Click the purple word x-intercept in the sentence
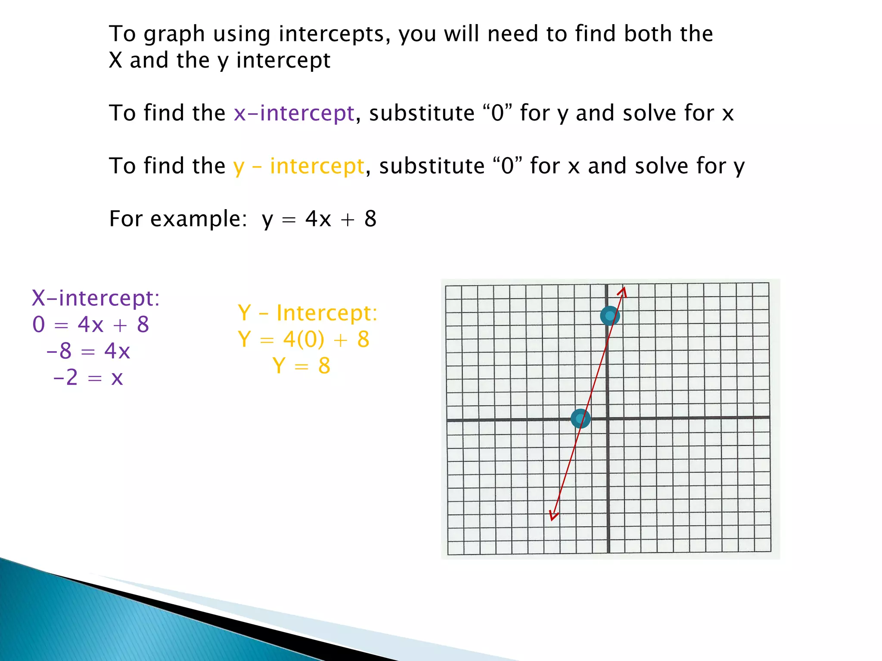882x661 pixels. [x=294, y=114]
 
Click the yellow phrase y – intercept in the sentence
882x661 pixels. [x=299, y=167]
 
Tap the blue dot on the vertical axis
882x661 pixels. [x=610, y=316]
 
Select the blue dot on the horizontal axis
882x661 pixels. [x=580, y=418]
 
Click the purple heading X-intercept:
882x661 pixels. [x=96, y=298]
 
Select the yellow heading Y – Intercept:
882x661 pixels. [x=307, y=313]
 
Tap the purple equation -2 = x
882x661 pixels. [x=88, y=378]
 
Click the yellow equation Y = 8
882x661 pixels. [x=301, y=366]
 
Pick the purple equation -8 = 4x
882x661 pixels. [x=88, y=351]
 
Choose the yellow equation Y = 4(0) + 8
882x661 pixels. [x=304, y=340]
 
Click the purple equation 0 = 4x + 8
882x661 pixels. [x=91, y=325]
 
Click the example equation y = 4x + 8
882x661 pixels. [x=319, y=219]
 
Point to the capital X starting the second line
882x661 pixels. [x=116, y=60]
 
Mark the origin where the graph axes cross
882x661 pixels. [x=608, y=418]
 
